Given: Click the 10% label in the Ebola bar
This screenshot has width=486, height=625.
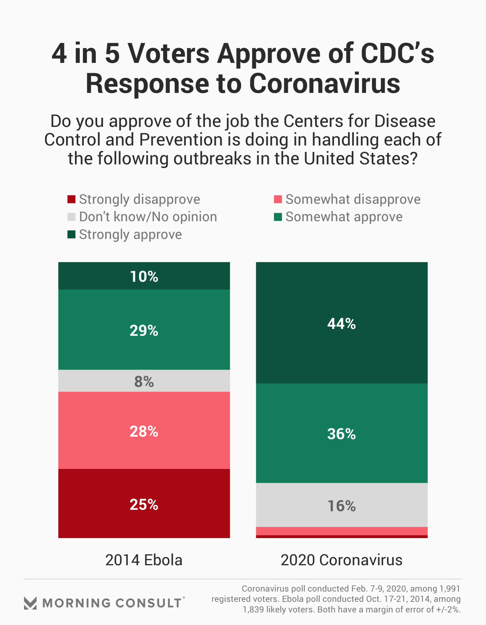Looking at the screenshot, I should [144, 276].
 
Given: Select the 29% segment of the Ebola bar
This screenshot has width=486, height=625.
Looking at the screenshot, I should [144, 330].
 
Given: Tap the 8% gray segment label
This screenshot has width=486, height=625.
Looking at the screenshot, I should [144, 381].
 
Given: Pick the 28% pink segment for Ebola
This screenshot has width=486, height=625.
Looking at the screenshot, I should [144, 431].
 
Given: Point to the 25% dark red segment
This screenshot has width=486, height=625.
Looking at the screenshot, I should [144, 504].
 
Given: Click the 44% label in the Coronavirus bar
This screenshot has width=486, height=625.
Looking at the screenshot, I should [341, 324].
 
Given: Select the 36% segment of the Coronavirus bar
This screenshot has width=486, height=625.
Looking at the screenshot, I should [341, 433].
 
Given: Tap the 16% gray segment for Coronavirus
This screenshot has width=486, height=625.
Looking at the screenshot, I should [341, 506].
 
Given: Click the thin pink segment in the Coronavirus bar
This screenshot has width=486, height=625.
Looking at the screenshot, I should [341, 531].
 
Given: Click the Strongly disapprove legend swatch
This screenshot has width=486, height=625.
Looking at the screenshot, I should [71, 199].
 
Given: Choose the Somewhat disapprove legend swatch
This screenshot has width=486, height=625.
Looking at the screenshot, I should [278, 199].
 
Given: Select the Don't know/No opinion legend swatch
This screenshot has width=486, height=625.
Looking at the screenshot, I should [71, 217].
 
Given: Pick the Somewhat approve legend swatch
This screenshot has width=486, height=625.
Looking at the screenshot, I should [278, 217].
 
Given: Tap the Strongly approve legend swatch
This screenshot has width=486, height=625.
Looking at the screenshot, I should [71, 234].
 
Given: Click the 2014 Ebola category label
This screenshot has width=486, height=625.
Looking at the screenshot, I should [144, 560].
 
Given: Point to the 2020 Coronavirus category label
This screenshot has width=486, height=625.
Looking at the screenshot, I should [341, 560].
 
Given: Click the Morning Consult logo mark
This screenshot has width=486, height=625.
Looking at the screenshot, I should [30, 603].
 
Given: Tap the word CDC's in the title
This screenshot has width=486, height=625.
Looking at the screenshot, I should [397, 53].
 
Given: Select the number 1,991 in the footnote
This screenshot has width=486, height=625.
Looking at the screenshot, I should [450, 589].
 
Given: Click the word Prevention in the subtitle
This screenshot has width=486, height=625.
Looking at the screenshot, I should [181, 140].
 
